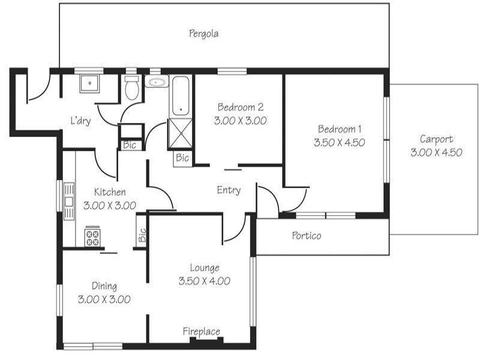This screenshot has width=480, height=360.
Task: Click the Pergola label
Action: pyautogui.click(x=203, y=34)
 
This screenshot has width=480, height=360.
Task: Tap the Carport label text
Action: pyautogui.click(x=436, y=139)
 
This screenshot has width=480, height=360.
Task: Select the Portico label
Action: pyautogui.click(x=307, y=236)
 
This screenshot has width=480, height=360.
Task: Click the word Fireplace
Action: pyautogui.click(x=202, y=331)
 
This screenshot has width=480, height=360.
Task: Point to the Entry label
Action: pyautogui.click(x=229, y=190)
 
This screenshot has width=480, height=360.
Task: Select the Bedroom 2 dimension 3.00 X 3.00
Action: pyautogui.click(x=240, y=120)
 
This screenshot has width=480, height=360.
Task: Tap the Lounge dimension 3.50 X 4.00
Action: pyautogui.click(x=205, y=280)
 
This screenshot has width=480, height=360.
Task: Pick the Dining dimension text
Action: pyautogui.click(x=104, y=299)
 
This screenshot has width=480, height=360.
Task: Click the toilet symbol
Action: pyautogui.click(x=131, y=88)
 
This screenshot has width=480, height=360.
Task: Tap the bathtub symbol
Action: pyautogui.click(x=179, y=95)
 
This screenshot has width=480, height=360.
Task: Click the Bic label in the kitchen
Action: pyautogui.click(x=142, y=236)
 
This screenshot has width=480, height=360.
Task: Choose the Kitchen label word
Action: pyautogui.click(x=110, y=193)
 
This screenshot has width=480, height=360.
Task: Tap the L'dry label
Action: pyautogui.click(x=80, y=121)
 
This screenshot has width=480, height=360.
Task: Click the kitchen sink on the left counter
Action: pyautogui.click(x=69, y=201)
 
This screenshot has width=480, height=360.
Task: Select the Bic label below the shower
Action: pyautogui.click(x=182, y=158)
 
